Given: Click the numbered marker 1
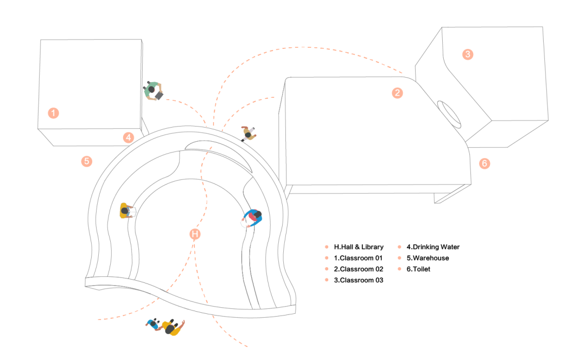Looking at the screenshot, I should (53, 113).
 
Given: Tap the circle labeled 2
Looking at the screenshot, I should (397, 93).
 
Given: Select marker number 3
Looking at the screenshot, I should (468, 54).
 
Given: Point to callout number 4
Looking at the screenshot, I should (128, 137).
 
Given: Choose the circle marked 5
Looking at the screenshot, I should (87, 161).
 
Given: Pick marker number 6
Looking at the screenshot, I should (485, 163).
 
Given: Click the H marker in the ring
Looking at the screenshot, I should (195, 234).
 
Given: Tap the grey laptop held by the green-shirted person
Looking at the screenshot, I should (159, 96).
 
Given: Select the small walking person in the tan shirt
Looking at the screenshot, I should (248, 133).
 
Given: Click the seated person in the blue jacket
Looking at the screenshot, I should (253, 217).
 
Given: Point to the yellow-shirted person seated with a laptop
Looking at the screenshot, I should (125, 211).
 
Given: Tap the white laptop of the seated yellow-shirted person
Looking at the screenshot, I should (132, 211).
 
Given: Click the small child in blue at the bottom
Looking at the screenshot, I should (154, 324).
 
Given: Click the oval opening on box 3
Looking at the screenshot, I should (449, 114).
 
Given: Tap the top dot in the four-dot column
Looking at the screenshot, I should (326, 247).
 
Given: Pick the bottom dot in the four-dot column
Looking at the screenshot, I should (326, 280).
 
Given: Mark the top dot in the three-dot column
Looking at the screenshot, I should (399, 247).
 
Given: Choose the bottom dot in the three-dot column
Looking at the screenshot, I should (399, 269).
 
